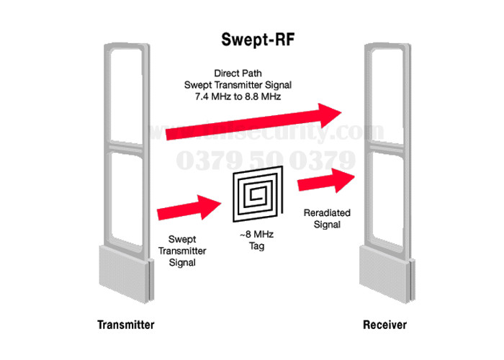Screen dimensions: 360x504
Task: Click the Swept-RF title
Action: coord(251,37)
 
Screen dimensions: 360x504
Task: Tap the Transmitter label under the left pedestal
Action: coord(125,325)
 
